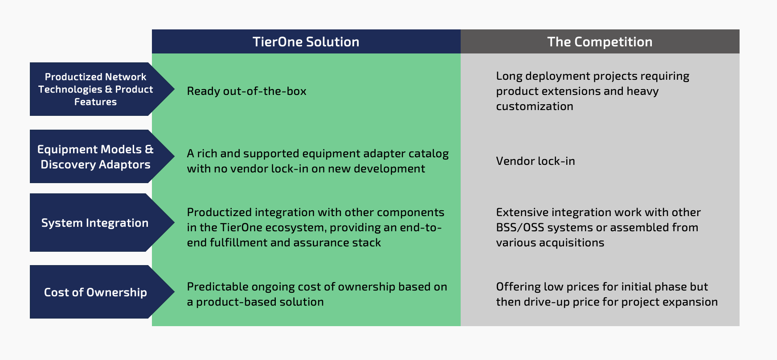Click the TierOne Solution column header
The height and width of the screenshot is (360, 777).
(x=306, y=42)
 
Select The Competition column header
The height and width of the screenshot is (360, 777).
(x=600, y=42)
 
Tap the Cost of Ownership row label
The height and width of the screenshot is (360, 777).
(x=95, y=292)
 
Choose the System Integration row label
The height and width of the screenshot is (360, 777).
(x=95, y=223)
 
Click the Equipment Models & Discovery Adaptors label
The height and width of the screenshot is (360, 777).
(x=95, y=157)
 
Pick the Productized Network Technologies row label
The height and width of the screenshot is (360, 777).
(x=95, y=89)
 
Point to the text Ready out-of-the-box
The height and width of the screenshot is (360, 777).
(x=246, y=91)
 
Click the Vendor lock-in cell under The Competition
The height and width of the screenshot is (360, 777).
(x=536, y=161)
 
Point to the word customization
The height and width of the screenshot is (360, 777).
(x=535, y=106)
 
